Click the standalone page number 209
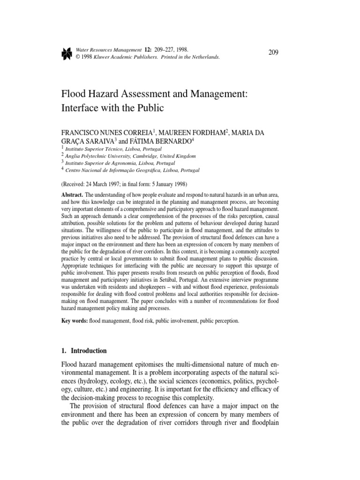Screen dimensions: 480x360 (274, 52)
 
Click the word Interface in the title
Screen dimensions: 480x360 (81, 107)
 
